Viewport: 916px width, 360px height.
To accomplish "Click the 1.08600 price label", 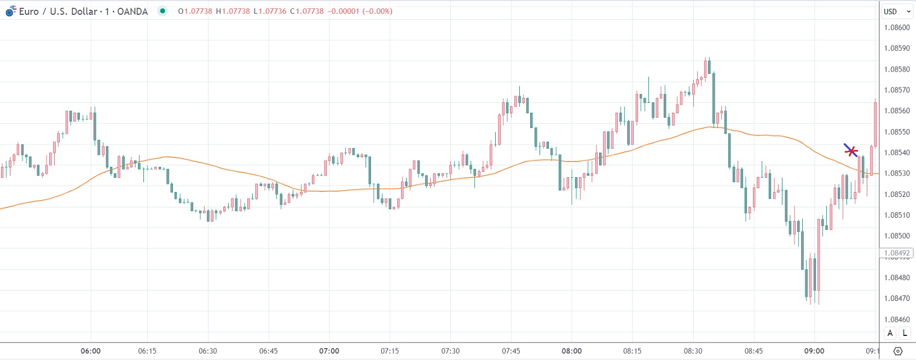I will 897,27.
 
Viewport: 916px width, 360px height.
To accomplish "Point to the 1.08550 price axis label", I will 897,132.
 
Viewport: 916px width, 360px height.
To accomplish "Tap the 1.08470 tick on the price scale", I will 897,299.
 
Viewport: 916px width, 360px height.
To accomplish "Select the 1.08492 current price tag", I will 897,253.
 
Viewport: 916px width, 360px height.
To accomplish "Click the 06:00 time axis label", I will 90,351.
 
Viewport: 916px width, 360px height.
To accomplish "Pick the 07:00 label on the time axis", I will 329,351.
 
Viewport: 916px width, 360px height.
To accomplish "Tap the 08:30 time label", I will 693,351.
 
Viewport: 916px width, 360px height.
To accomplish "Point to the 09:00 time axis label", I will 814,351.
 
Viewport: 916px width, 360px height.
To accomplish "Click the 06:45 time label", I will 268,351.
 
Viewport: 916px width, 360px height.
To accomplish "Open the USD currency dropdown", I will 897,11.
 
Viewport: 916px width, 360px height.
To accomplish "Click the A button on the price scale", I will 890,333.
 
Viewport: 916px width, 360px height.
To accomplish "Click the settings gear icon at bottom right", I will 897,351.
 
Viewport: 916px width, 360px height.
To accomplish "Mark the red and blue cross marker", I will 851,150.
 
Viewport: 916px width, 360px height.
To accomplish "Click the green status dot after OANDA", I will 163,11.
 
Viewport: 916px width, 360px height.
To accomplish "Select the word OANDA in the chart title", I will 132,11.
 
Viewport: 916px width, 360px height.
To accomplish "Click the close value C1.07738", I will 306,11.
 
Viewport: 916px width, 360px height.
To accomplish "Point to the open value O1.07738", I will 195,11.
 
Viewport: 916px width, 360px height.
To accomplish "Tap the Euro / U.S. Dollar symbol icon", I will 10,11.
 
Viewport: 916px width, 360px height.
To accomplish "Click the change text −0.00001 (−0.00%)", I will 360,11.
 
